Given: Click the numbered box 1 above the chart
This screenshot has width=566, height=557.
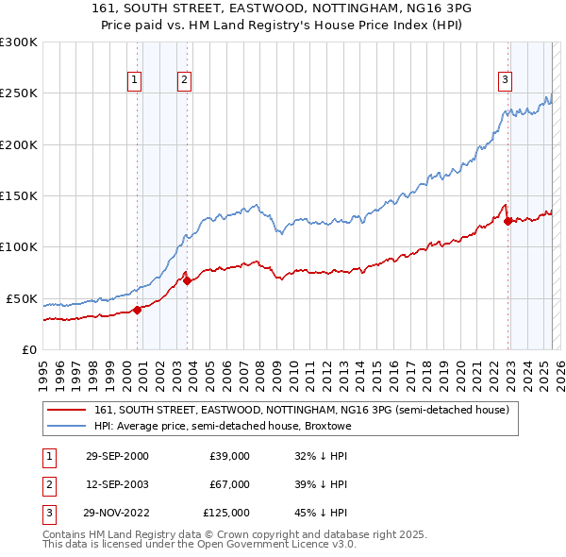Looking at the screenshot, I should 136,80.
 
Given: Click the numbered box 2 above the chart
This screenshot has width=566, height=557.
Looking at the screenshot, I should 184,80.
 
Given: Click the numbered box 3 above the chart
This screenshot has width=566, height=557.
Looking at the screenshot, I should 506,80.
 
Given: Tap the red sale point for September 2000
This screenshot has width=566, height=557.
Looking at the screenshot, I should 137,309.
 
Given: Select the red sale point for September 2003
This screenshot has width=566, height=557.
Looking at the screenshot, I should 187,280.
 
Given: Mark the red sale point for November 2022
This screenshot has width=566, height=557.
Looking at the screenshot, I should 508,221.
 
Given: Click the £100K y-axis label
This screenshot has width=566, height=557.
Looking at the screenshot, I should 18,246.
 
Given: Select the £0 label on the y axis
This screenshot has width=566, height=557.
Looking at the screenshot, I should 28,349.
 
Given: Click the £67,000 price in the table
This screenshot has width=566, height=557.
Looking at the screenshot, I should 229,484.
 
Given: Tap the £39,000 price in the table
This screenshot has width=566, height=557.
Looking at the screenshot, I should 229,456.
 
